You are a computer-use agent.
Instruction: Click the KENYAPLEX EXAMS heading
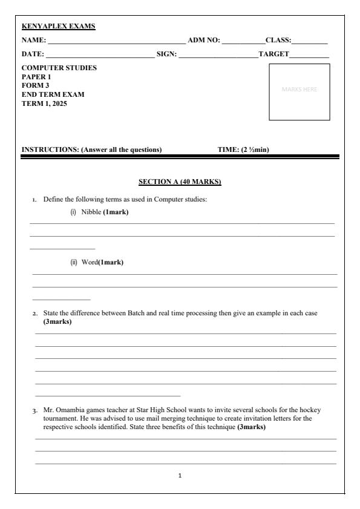pyautogui.click(x=59, y=27)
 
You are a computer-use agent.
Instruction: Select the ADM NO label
pyautogui.click(x=204, y=41)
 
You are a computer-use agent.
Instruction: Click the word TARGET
pyautogui.click(x=273, y=55)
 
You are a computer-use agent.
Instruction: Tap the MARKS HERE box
pyautogui.click(x=299, y=92)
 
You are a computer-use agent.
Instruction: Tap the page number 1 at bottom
pyautogui.click(x=180, y=476)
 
